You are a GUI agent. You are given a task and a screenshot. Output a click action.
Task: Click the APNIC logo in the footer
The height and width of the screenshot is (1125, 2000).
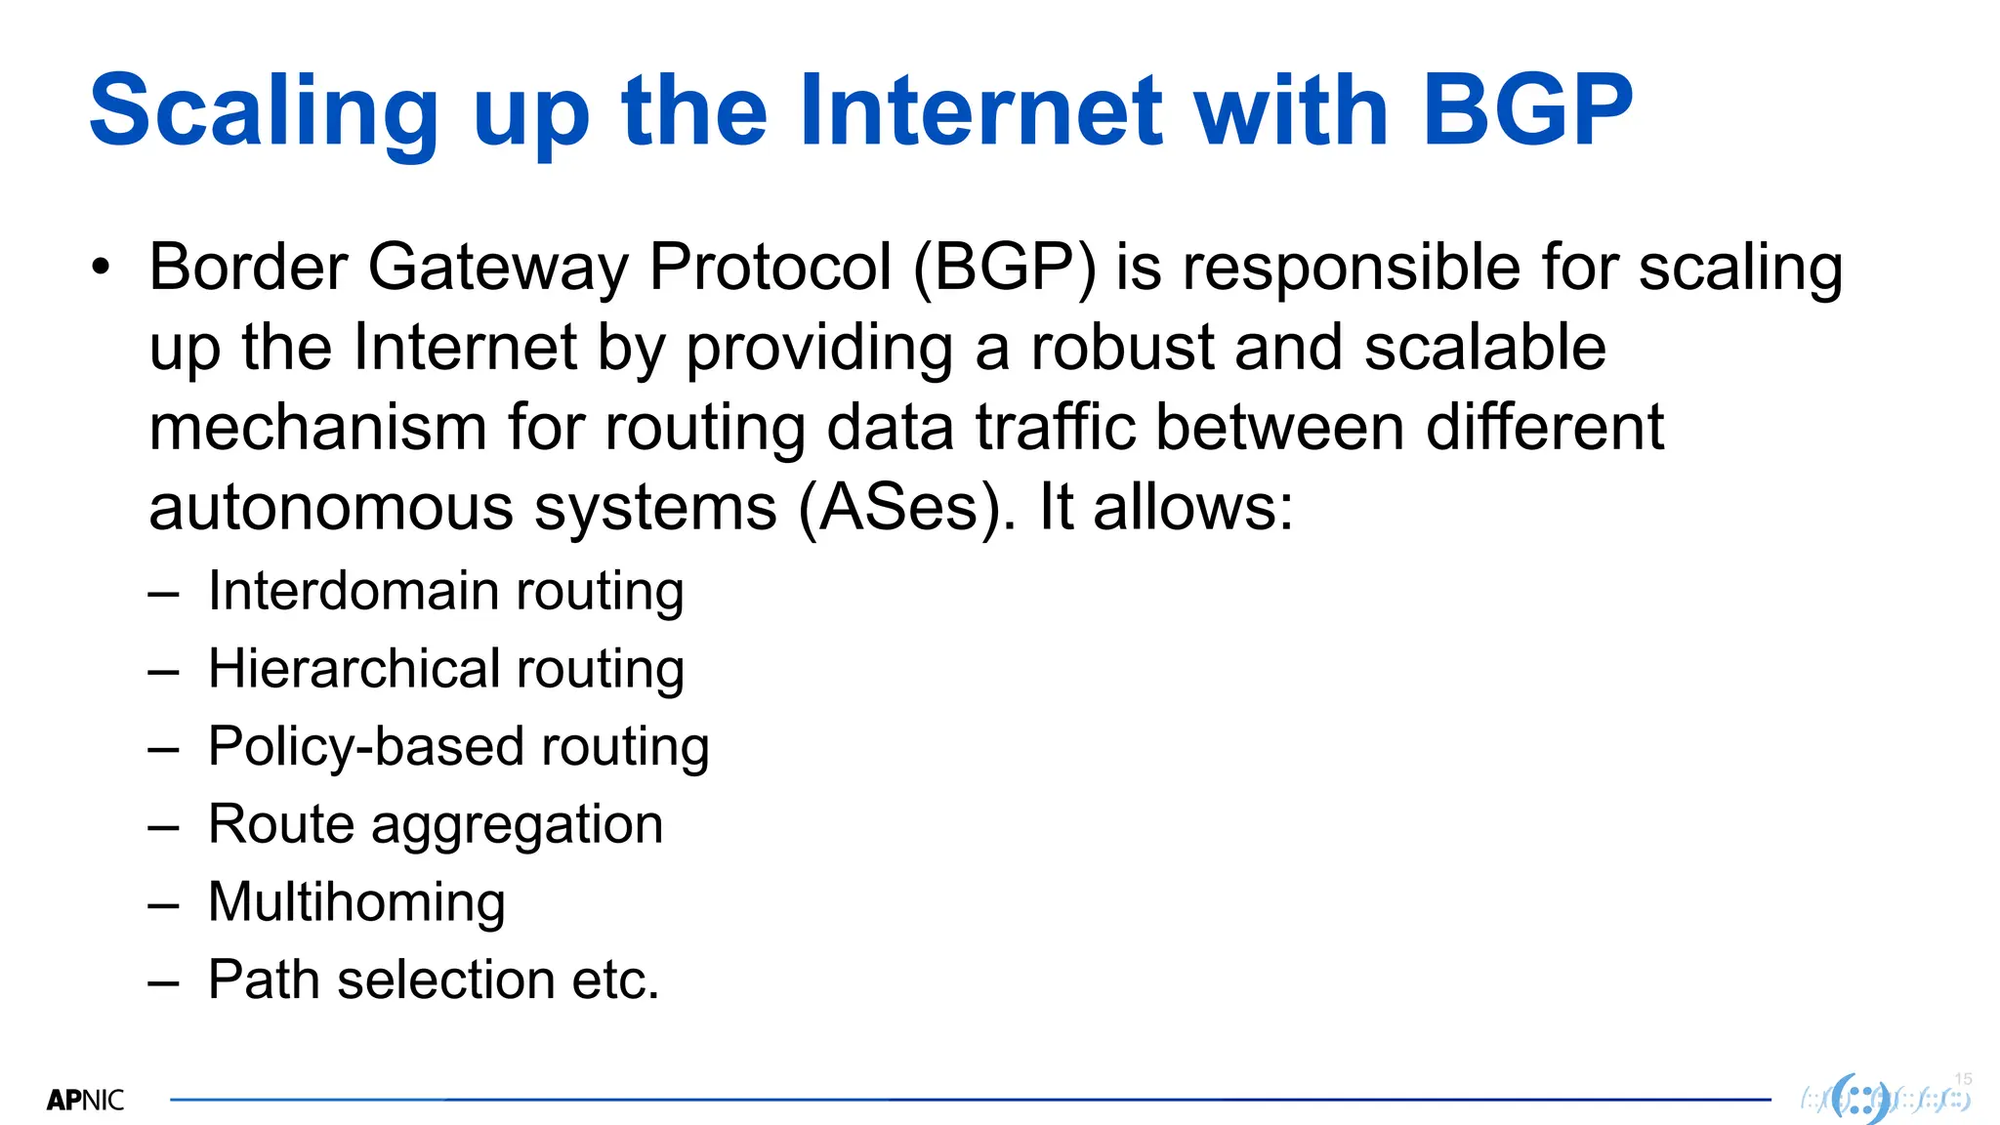[86, 1101]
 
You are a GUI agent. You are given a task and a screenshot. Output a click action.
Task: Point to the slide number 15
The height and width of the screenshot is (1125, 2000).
[1963, 1079]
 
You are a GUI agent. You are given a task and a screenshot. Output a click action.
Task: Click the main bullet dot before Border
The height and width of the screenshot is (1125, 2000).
[100, 267]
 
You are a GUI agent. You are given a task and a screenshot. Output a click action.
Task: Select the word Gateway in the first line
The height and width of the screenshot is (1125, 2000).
[498, 268]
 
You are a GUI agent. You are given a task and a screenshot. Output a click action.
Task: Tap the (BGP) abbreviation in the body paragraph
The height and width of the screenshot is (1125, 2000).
[1005, 268]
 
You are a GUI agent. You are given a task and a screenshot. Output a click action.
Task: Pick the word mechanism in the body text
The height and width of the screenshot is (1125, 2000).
[317, 428]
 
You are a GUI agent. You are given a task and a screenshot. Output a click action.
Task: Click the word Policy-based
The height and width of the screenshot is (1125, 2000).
[365, 747]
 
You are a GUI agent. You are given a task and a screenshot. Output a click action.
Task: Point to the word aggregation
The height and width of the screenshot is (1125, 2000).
[517, 825]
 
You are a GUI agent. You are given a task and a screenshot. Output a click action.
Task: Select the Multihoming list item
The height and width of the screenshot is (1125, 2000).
[356, 901]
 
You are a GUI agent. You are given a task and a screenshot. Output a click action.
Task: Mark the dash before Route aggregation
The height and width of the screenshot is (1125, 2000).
[163, 827]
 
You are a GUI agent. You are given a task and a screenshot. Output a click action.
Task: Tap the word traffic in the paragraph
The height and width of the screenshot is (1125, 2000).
[1056, 428]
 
